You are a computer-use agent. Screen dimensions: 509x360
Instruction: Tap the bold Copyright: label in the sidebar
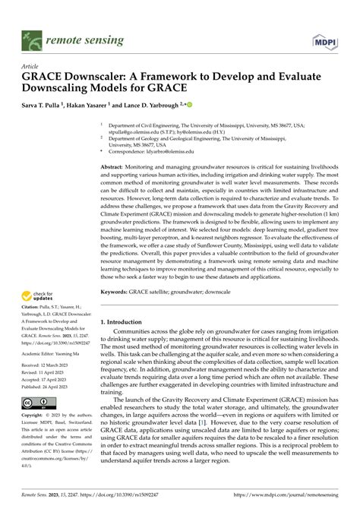[x=34, y=416]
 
